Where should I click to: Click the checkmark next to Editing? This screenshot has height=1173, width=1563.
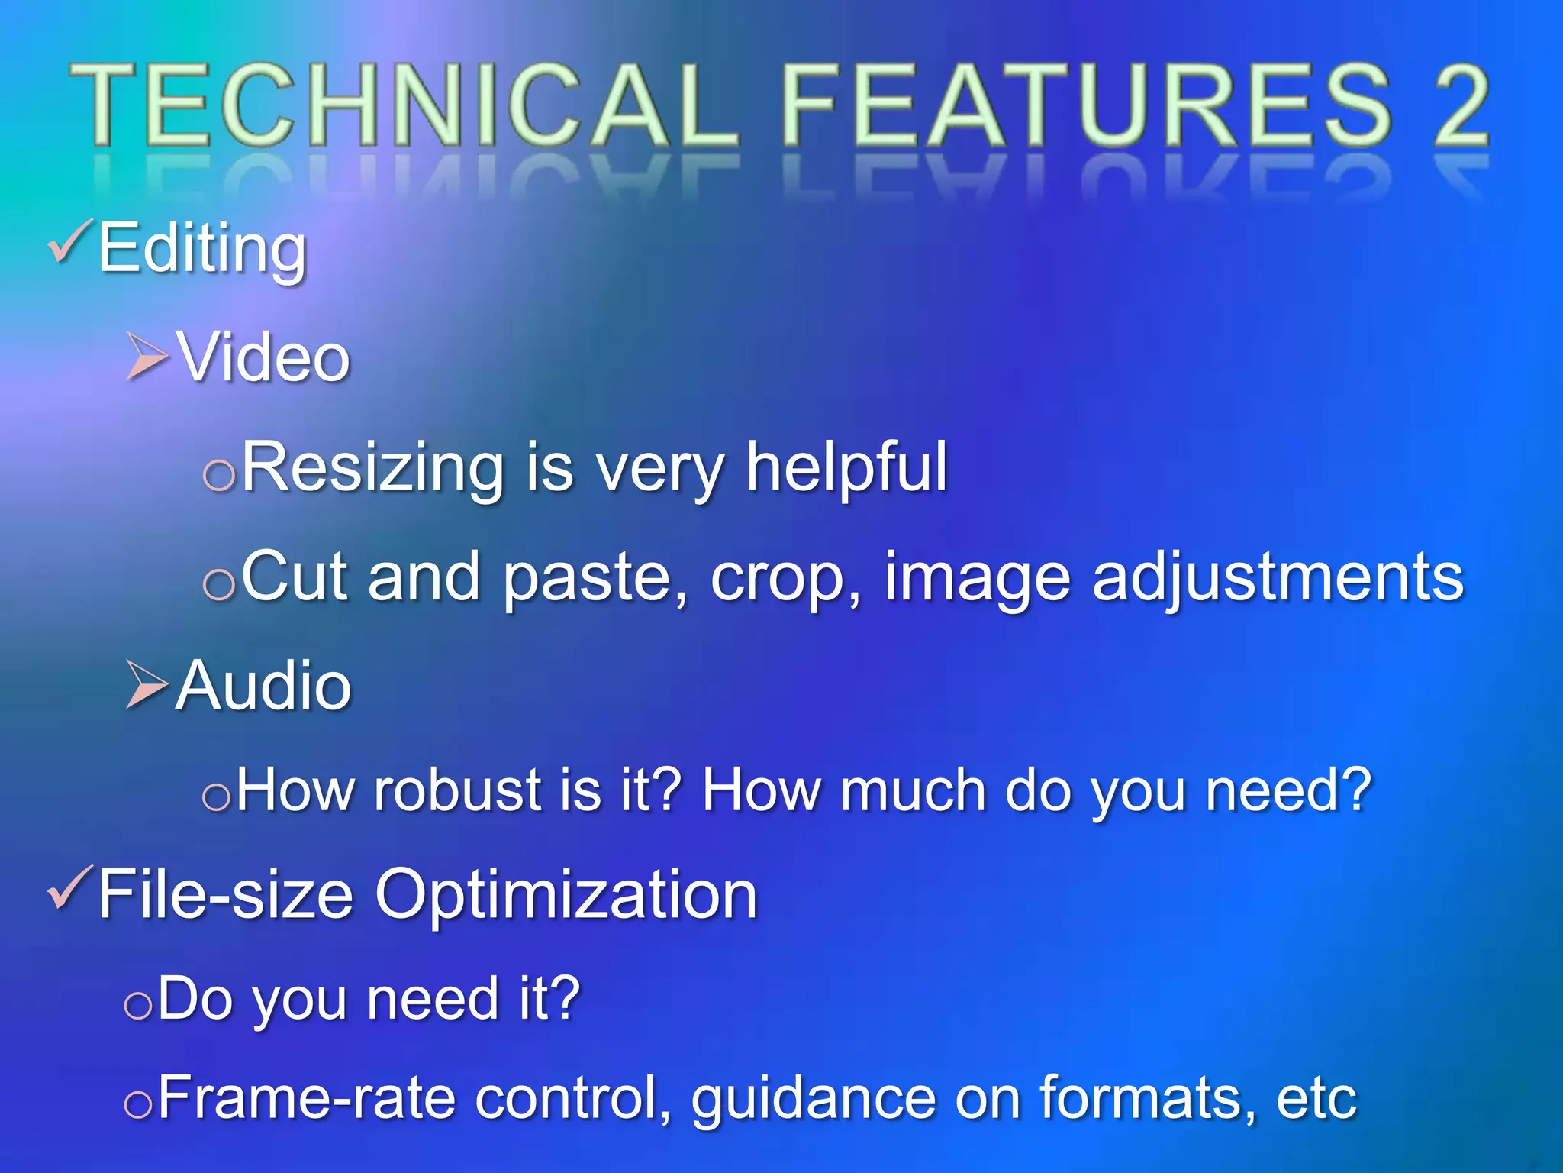coord(70,243)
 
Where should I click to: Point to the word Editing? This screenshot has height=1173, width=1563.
coord(202,248)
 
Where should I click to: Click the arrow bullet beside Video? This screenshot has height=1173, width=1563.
coord(147,356)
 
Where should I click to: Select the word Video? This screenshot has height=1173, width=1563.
coord(263,357)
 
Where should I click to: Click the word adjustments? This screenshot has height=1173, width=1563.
coord(1278,579)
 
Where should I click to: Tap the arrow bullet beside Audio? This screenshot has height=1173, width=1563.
coord(147,685)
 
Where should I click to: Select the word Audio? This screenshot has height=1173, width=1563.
coord(263,686)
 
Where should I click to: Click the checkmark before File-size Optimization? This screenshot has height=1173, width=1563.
coord(70,890)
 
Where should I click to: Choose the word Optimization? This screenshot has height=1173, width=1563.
coord(566,895)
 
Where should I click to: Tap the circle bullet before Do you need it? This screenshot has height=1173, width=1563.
coord(138,1005)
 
